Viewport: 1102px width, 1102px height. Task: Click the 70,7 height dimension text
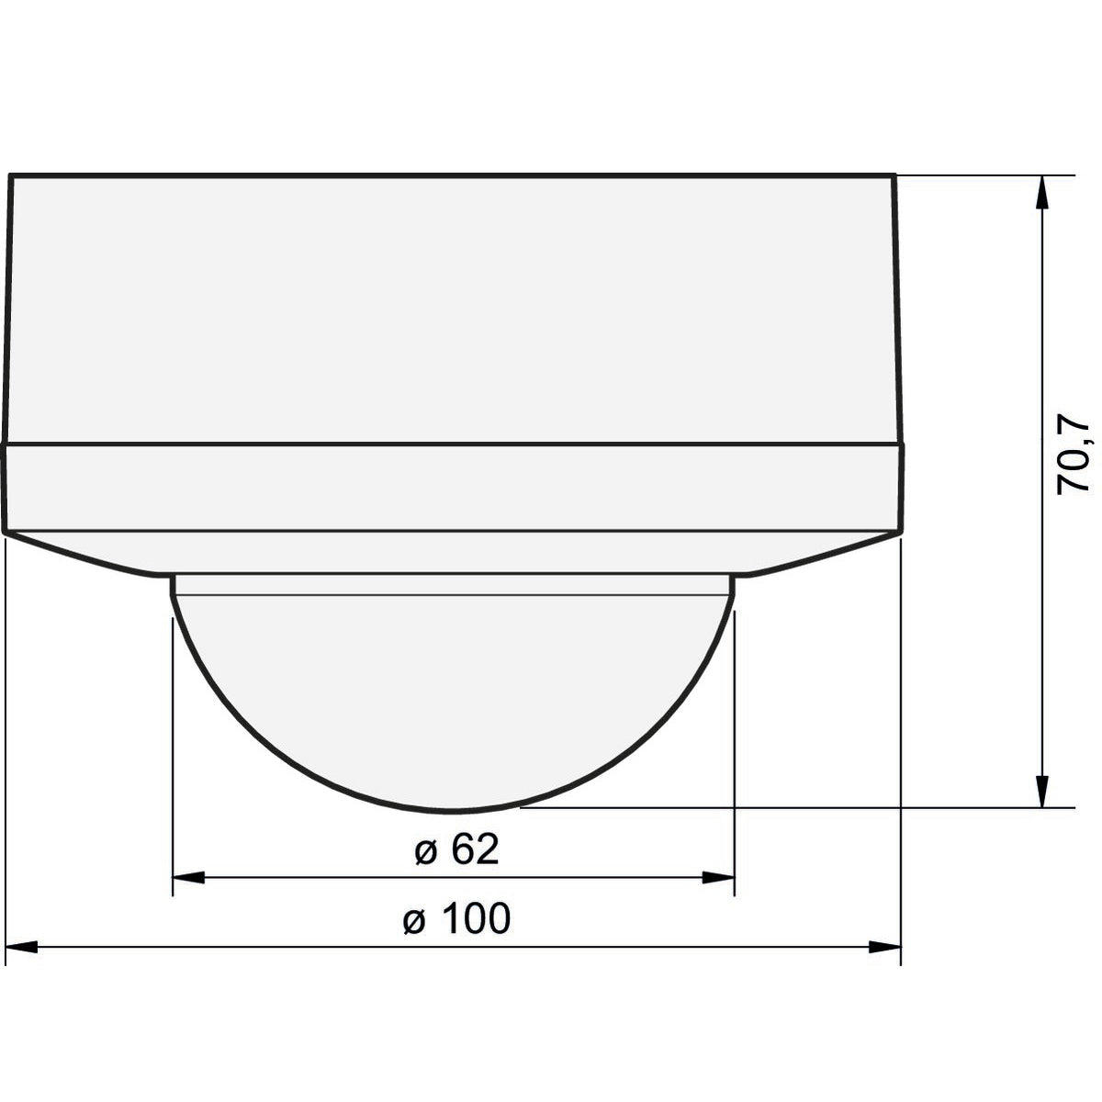pyautogui.click(x=1073, y=454)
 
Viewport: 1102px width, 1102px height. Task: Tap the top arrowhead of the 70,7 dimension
pyautogui.click(x=1042, y=193)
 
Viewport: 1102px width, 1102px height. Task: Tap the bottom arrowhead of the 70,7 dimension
pyautogui.click(x=1042, y=791)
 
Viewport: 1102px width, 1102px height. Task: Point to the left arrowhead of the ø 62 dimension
pyautogui.click(x=189, y=877)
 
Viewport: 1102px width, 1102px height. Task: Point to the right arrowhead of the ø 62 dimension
pyautogui.click(x=718, y=877)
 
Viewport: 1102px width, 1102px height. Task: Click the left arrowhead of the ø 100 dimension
pyautogui.click(x=21, y=947)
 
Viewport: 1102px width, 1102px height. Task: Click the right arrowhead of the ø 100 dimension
pyautogui.click(x=884, y=947)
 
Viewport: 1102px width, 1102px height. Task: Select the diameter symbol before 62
pyautogui.click(x=426, y=854)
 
